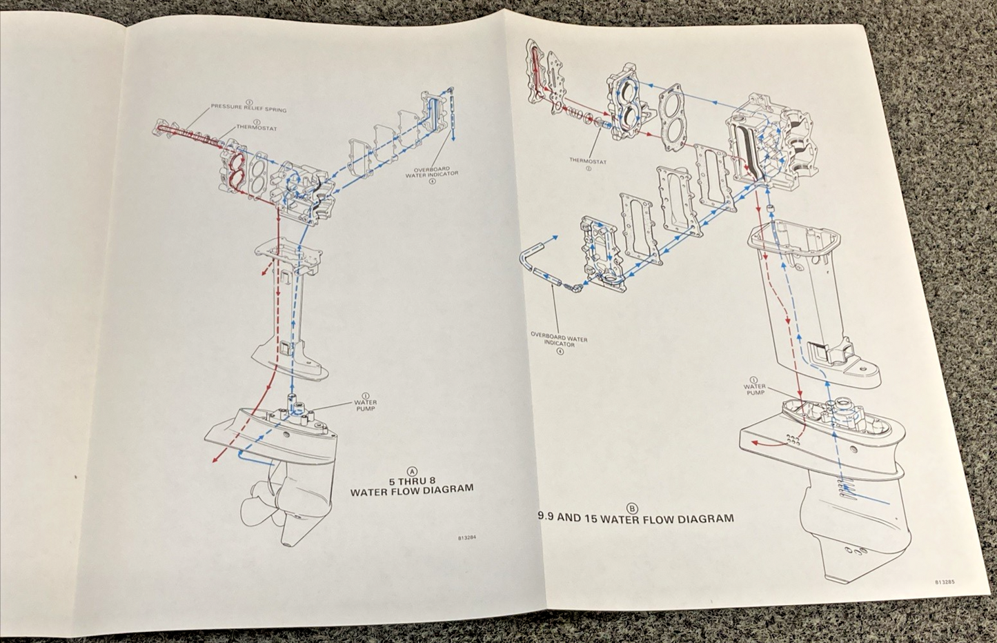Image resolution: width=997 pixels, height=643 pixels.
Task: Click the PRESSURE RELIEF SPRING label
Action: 248,109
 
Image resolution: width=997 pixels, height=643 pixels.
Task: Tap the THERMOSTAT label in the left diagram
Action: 257,127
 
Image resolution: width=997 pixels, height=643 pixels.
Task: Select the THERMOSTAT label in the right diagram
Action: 588,161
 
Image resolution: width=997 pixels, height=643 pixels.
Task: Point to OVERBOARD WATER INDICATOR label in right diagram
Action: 559,339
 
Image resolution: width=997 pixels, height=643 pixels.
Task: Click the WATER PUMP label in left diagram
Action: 365,405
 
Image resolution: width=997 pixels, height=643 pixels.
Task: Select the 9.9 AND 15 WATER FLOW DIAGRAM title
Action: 635,517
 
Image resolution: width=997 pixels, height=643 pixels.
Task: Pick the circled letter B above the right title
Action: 632,506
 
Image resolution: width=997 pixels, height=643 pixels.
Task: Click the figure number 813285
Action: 945,582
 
